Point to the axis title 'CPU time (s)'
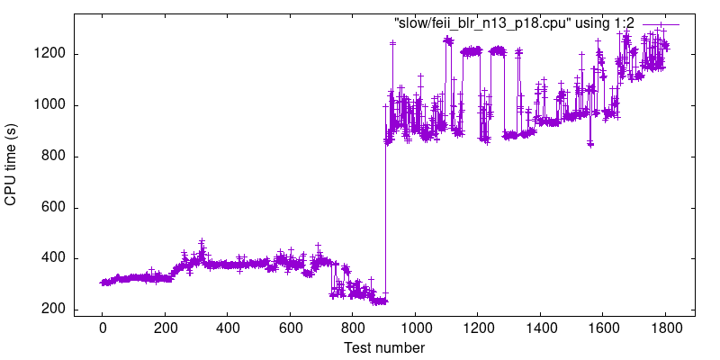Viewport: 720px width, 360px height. click(12, 164)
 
